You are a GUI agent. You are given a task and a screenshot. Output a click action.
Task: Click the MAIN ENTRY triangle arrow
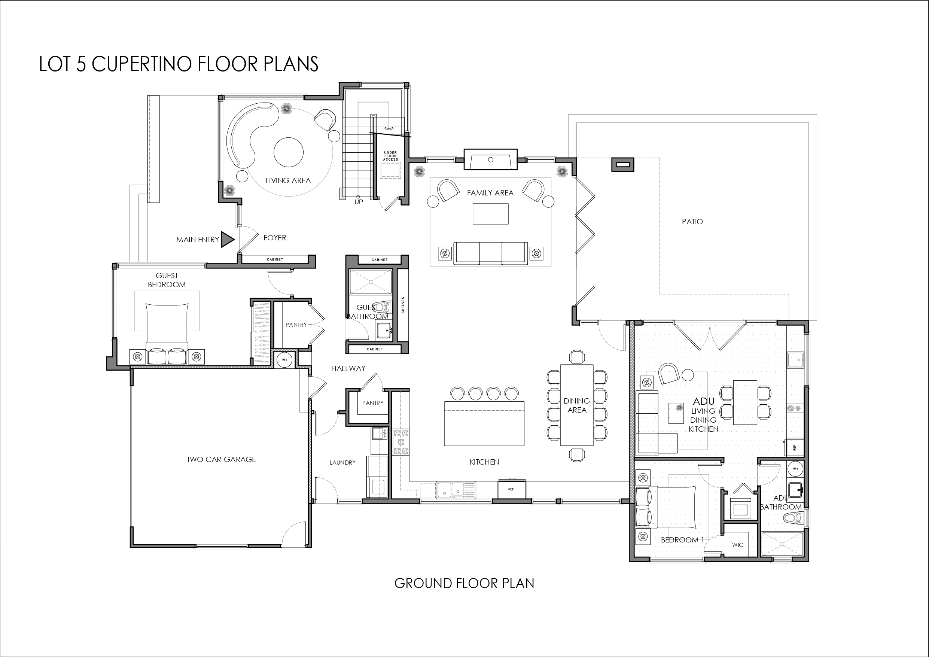click(x=226, y=239)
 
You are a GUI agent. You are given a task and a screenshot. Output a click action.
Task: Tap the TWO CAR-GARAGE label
click(x=221, y=459)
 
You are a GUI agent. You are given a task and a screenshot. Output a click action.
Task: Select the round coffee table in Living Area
click(x=288, y=152)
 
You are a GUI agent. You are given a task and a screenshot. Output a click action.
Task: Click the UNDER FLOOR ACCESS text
click(x=390, y=156)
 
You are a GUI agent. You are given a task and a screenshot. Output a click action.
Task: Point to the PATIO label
click(x=692, y=221)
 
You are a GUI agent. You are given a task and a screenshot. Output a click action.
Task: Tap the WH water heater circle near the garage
click(x=284, y=360)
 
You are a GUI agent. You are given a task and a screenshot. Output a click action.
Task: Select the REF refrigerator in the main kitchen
click(x=511, y=489)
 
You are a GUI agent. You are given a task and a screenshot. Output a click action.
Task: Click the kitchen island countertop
click(x=484, y=423)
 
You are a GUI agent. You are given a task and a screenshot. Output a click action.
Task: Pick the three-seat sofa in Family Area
click(x=490, y=253)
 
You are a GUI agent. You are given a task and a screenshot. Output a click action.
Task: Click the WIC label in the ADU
click(x=737, y=545)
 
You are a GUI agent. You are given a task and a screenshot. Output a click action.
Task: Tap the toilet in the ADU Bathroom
click(x=792, y=518)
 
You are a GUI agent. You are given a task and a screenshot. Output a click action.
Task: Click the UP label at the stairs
click(x=359, y=202)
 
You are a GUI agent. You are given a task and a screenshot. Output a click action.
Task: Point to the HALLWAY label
click(x=348, y=368)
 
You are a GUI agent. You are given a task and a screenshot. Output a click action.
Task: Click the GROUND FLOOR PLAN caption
click(x=464, y=583)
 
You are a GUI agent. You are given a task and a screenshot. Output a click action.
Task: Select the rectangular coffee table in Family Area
click(x=490, y=214)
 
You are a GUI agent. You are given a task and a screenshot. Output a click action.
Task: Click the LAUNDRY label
click(x=342, y=462)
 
